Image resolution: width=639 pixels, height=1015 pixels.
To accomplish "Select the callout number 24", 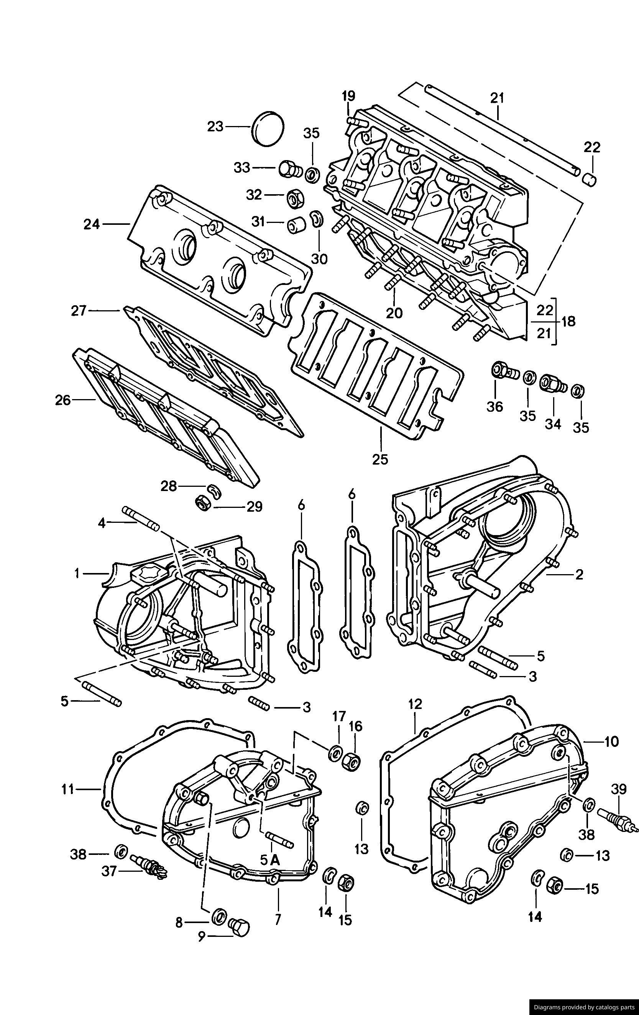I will [91, 224].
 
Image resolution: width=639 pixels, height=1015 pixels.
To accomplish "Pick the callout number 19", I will [348, 96].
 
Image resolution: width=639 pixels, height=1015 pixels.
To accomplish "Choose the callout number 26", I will [62, 400].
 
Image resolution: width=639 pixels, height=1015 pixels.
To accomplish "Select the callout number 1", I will [77, 573].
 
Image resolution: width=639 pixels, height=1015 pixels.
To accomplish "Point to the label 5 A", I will [269, 860].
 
